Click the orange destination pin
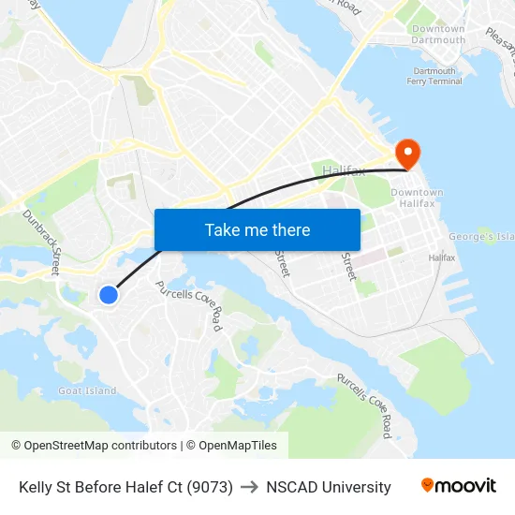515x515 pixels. point(408,153)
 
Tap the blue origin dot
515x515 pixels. point(109,295)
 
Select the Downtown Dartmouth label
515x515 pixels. point(438,35)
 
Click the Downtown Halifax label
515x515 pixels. point(417,199)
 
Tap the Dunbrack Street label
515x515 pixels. point(41,242)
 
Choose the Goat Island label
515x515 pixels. point(87,390)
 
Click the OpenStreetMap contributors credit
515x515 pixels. point(94,446)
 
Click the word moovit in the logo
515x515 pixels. point(466,486)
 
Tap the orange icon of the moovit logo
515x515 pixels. point(428,485)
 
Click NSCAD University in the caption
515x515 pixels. point(329,487)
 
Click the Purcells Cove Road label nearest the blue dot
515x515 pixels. point(189,305)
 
